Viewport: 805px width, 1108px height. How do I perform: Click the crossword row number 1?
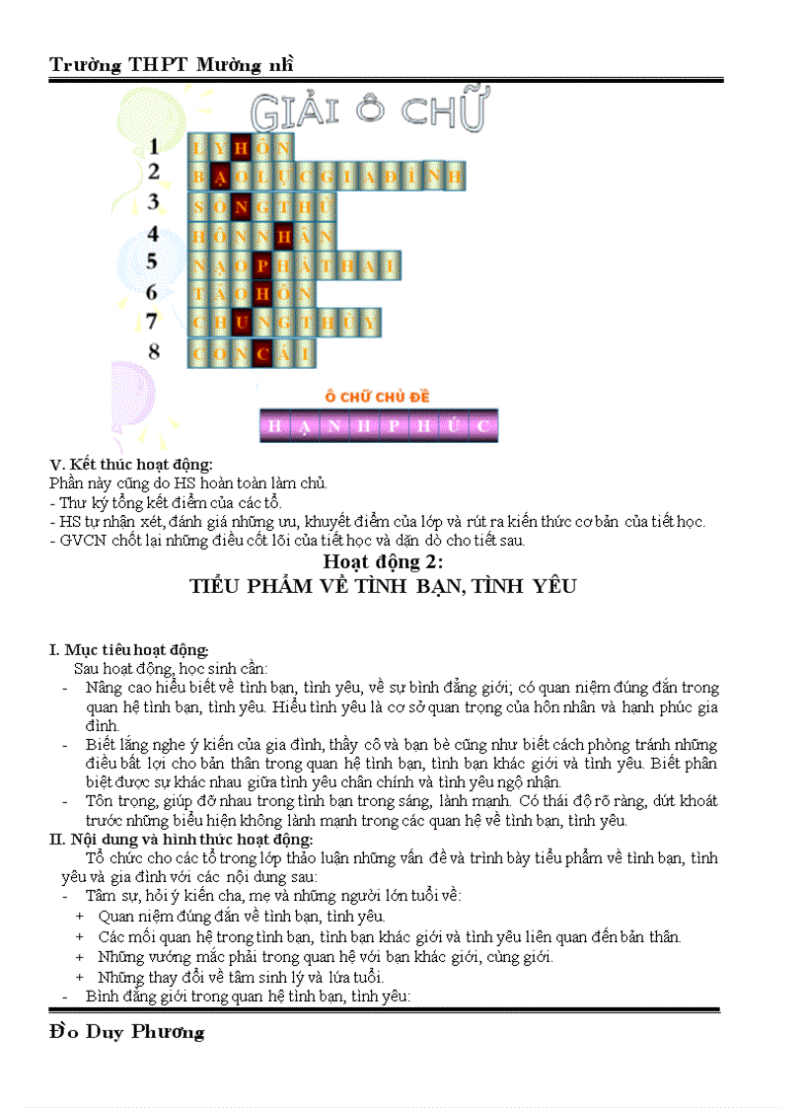pos(154,147)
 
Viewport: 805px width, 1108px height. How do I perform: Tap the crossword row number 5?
pos(153,262)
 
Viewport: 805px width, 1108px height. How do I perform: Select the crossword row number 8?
pos(153,351)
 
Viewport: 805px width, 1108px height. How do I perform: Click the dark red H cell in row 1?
pos(241,148)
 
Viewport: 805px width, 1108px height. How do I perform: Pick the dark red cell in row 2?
pos(220,178)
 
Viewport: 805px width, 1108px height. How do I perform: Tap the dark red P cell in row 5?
pos(261,265)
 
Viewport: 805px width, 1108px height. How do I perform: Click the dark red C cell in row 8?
pos(261,353)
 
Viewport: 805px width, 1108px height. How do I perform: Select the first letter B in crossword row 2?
pos(199,178)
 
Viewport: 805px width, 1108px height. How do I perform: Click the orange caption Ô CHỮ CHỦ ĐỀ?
pos(378,397)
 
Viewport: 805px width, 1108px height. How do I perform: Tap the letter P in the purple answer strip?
pos(394,426)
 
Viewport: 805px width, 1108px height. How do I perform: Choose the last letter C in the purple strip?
pos(483,426)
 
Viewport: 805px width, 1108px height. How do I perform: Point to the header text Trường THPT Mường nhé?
pos(172,65)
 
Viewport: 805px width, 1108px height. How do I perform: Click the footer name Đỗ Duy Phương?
pos(126,1033)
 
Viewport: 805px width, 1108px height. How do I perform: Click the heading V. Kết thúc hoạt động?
pos(131,464)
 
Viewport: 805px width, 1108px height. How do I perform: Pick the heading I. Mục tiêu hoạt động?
pos(129,649)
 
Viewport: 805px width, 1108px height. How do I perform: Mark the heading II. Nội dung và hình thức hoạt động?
pos(182,840)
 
